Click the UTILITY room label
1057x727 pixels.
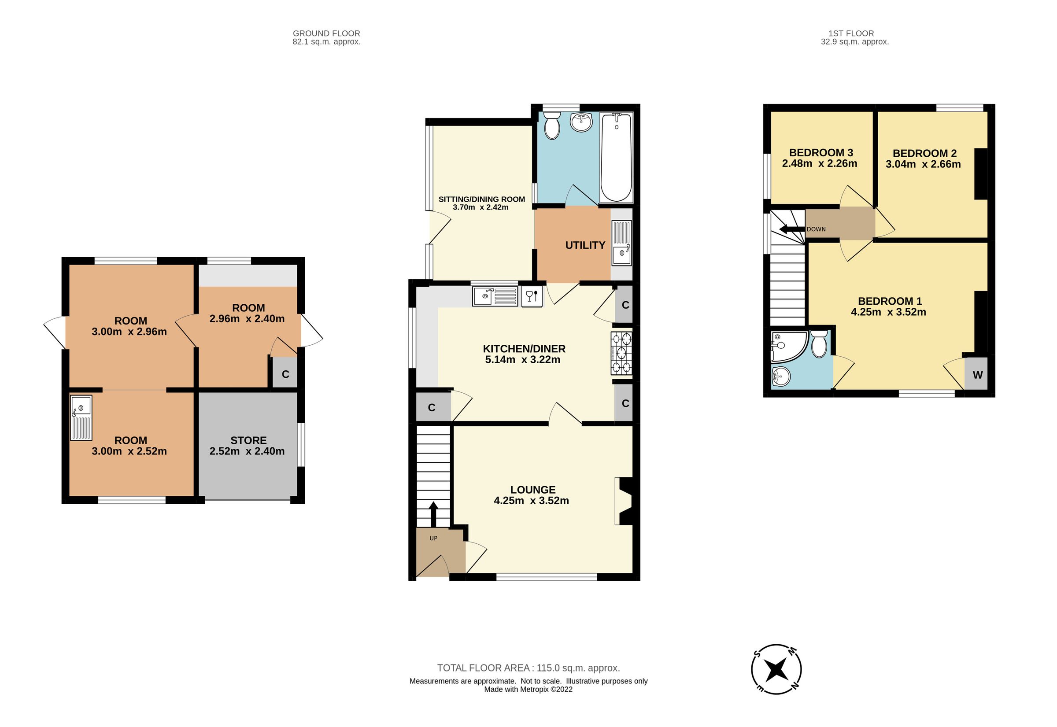point(585,245)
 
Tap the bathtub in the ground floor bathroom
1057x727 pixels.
point(616,157)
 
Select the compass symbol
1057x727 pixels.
point(776,669)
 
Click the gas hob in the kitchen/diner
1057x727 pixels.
point(622,353)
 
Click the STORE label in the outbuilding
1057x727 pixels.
point(248,440)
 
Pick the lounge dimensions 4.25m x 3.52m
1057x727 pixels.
point(531,501)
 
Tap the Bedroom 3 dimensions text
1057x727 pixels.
point(820,163)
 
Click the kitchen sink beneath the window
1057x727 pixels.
point(495,296)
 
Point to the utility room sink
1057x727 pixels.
point(621,243)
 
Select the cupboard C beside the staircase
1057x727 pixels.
point(432,408)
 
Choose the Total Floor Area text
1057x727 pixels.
point(528,668)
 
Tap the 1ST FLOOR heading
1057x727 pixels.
point(851,33)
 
